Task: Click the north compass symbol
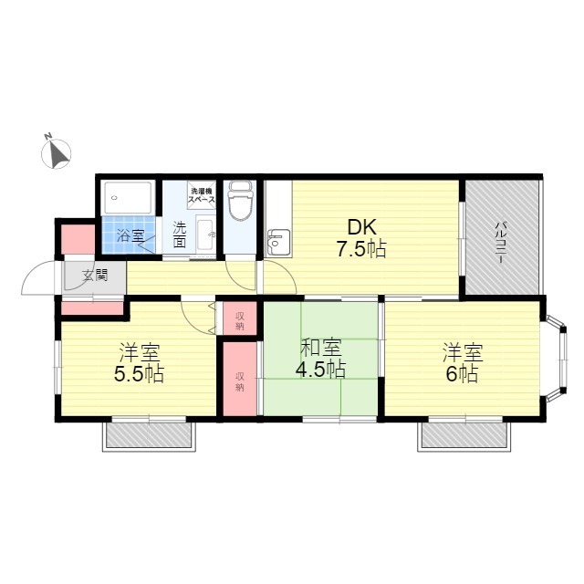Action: tap(56, 153)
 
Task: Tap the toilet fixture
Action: tap(240, 201)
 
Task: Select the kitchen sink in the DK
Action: tap(278, 243)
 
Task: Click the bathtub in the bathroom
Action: tap(128, 198)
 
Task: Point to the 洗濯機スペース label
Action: tap(201, 195)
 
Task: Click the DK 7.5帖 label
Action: tap(361, 238)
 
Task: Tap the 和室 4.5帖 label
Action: tap(320, 359)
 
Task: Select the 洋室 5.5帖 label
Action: tap(139, 363)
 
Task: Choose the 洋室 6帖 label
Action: tap(463, 363)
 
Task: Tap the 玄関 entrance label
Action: tap(95, 276)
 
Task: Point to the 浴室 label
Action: tap(130, 235)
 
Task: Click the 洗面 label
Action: tap(180, 235)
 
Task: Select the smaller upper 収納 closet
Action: tap(240, 318)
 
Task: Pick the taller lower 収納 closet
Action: tap(240, 379)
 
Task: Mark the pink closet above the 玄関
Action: tap(78, 239)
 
